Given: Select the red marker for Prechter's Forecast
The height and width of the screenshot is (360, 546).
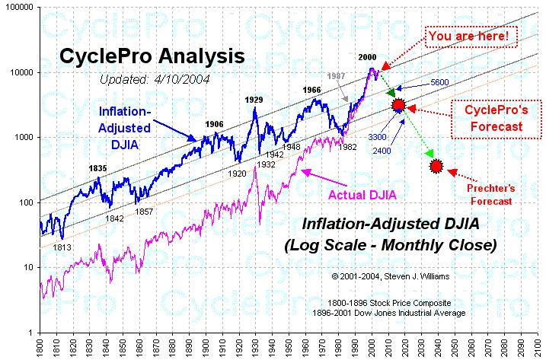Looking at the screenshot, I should click(436, 166).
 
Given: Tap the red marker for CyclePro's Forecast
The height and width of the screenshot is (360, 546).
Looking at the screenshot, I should click(398, 105).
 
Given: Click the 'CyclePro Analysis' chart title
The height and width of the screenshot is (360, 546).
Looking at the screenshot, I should click(152, 56).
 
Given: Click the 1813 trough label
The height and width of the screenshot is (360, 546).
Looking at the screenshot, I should click(62, 246).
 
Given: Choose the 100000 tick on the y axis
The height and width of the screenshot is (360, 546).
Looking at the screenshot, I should click(18, 7).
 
